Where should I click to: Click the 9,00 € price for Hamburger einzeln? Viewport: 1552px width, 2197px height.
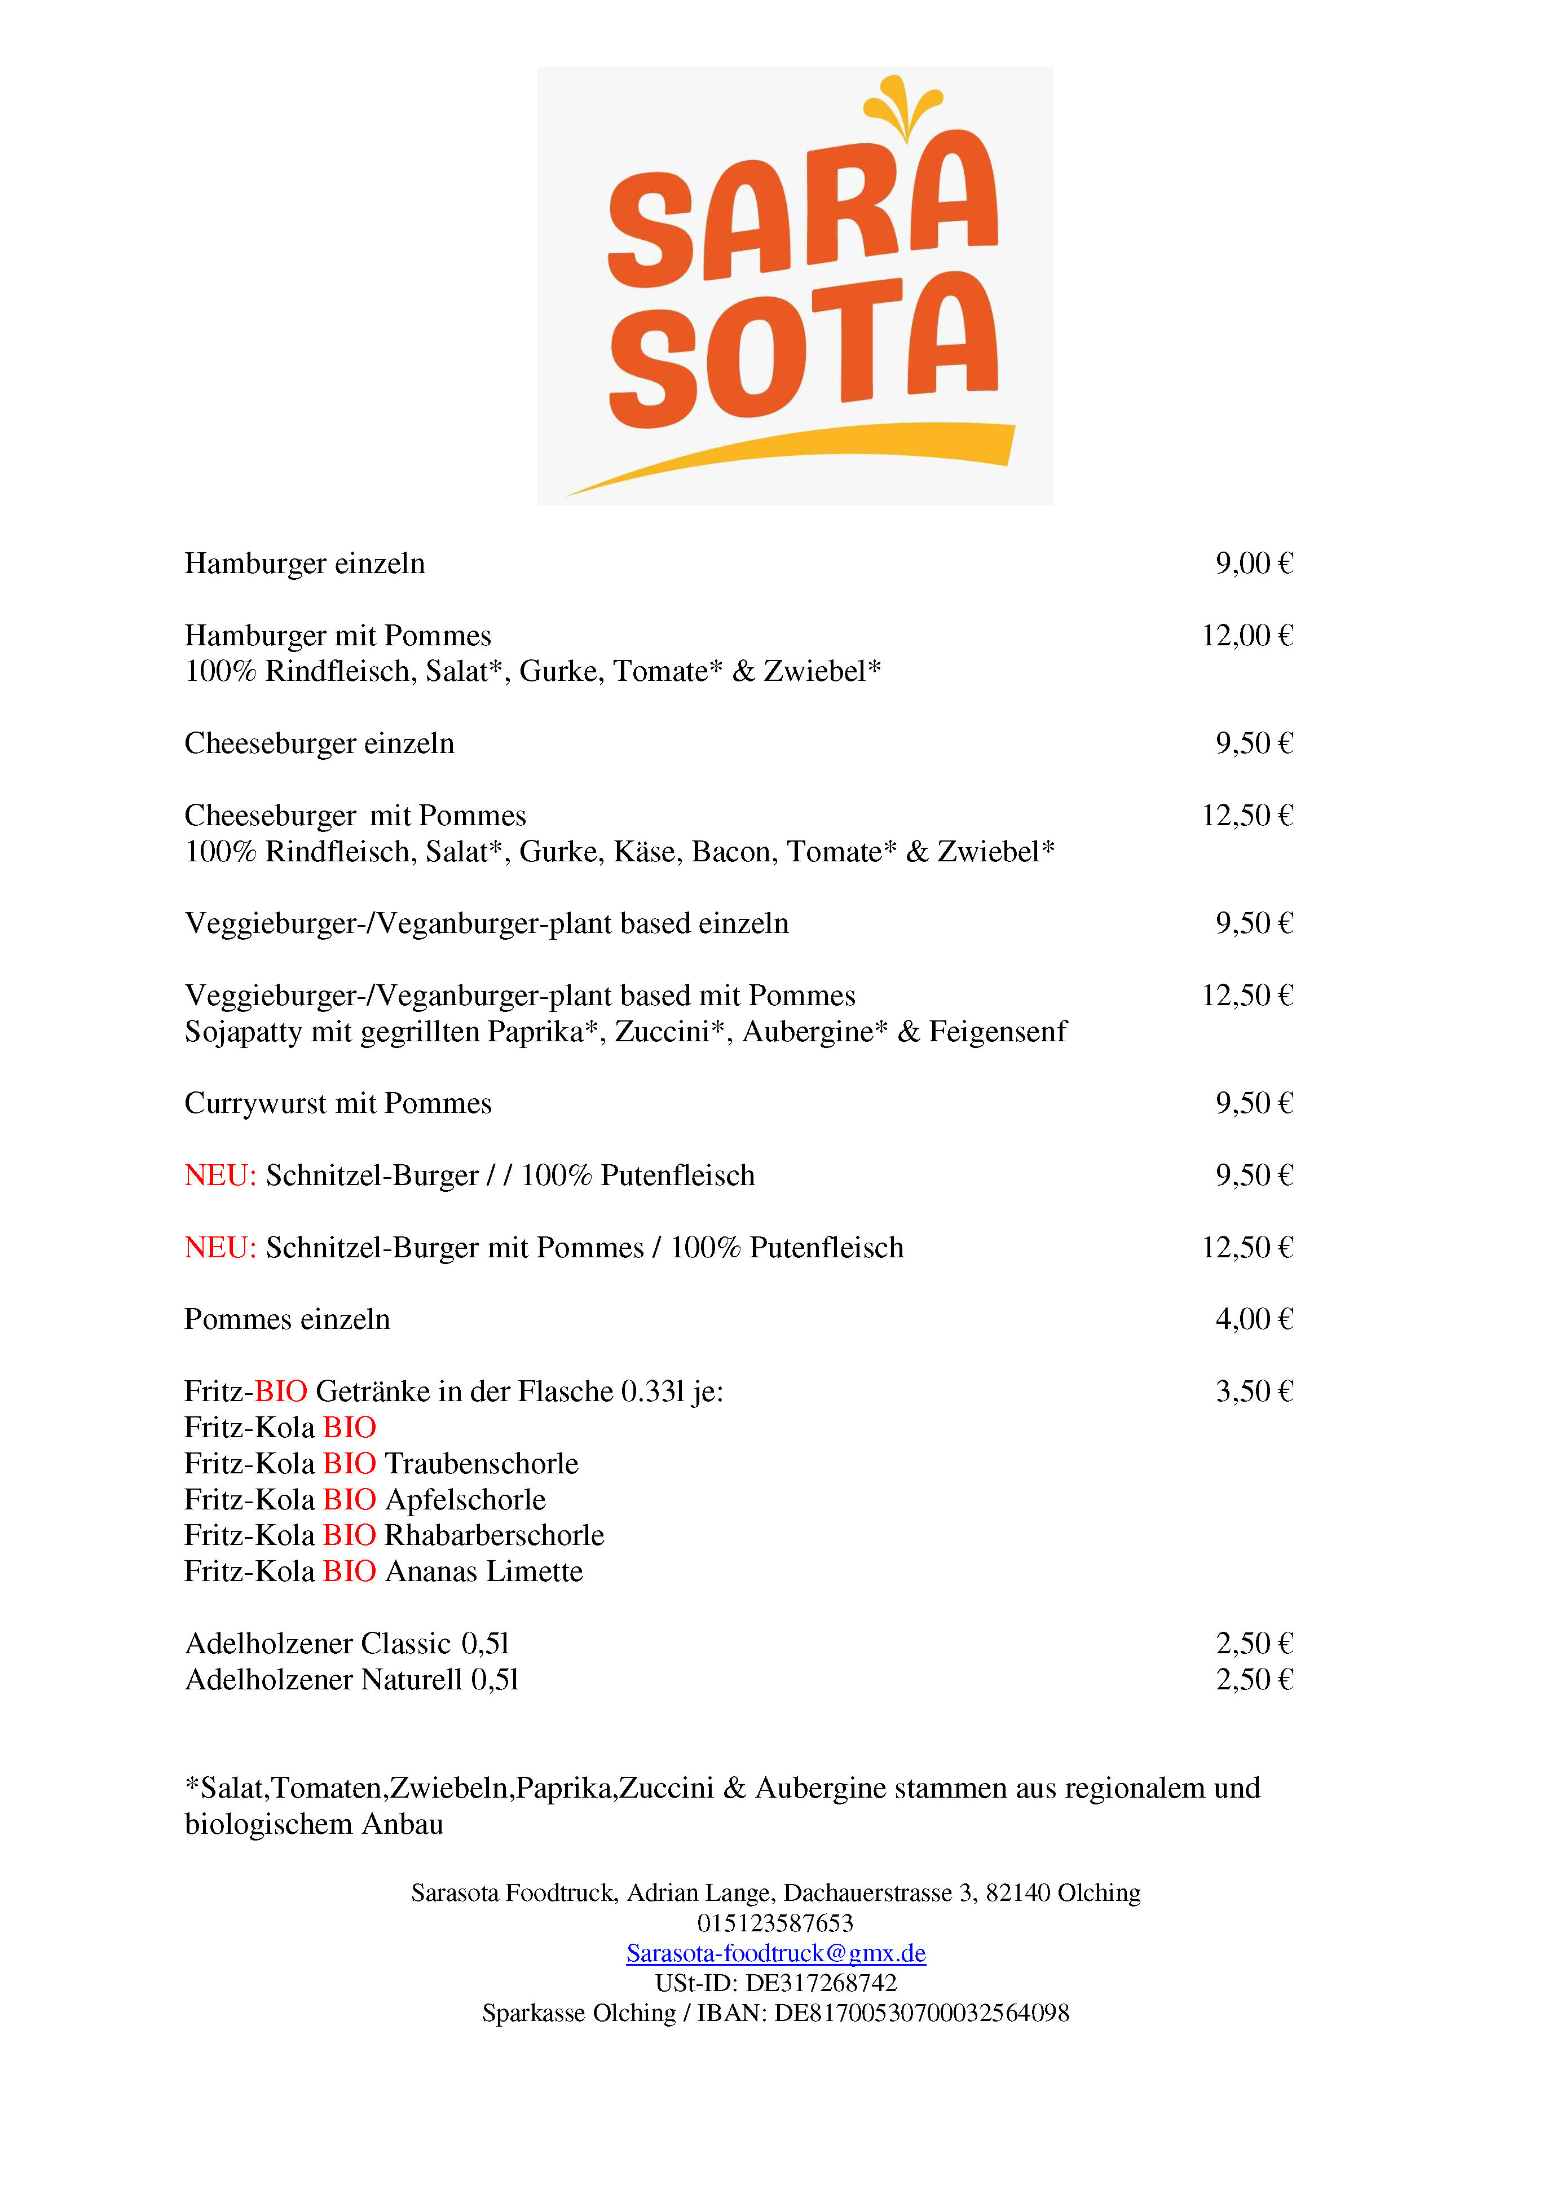point(1254,563)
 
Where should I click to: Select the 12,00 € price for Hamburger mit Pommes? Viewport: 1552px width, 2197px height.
point(1247,635)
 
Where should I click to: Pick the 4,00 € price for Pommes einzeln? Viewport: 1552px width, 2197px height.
point(1254,1319)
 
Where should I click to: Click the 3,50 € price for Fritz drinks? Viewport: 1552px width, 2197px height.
point(1254,1392)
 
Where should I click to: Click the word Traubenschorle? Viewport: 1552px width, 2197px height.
point(481,1463)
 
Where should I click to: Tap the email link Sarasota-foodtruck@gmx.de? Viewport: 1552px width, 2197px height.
point(776,1953)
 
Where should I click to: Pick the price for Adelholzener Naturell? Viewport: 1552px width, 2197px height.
point(1254,1679)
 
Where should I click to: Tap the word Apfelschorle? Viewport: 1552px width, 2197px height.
point(465,1499)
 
